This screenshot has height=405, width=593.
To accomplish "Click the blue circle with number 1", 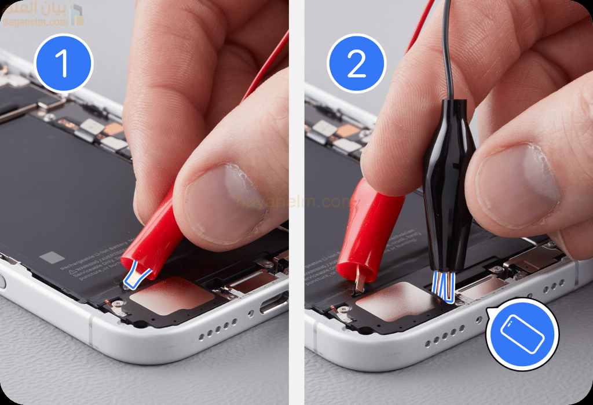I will [64, 63].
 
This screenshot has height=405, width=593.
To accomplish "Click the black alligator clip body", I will [449, 174].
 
